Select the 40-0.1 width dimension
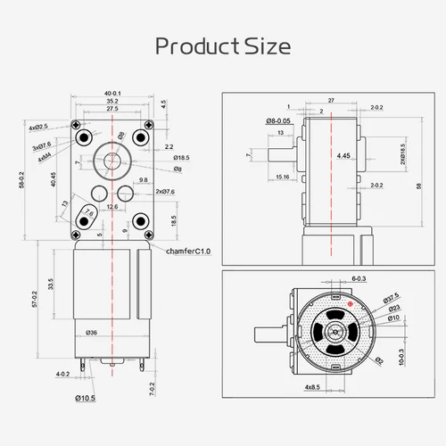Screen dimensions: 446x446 tap(112, 94)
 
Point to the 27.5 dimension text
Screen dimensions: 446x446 tap(112, 110)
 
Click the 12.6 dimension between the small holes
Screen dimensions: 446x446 tap(111, 207)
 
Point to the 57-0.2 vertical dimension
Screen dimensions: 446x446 tap(34, 299)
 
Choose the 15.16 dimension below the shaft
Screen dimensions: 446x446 tap(283, 178)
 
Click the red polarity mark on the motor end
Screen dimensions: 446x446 tap(351, 304)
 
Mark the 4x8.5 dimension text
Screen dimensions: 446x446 tap(312, 387)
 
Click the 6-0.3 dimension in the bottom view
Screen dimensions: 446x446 tap(359, 278)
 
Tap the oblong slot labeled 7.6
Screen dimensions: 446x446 tap(87, 214)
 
